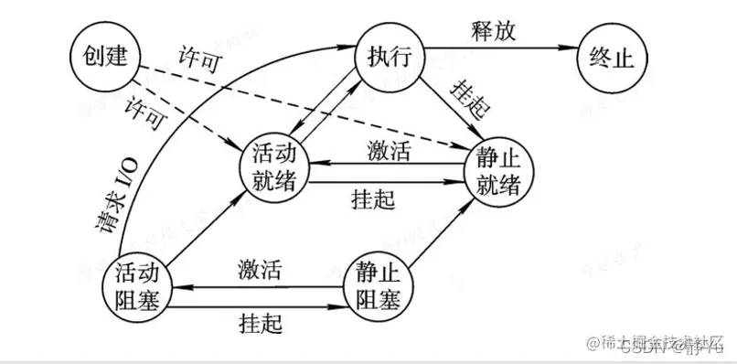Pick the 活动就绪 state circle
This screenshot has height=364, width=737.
point(272,166)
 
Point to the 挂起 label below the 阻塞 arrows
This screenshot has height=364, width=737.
point(259,321)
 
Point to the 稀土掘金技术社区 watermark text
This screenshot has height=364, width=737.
point(659,340)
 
